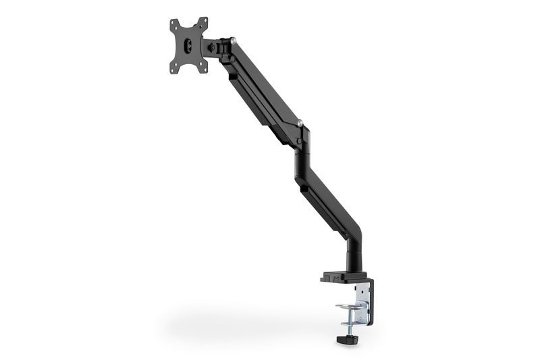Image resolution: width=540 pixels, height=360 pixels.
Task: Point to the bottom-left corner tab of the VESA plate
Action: coord(174,68)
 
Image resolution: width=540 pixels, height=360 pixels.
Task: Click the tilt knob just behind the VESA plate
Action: coord(213,48)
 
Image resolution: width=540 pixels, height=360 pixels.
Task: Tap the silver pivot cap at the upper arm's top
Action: coord(232,43)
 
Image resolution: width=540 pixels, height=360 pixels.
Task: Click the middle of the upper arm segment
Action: coord(263,81)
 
